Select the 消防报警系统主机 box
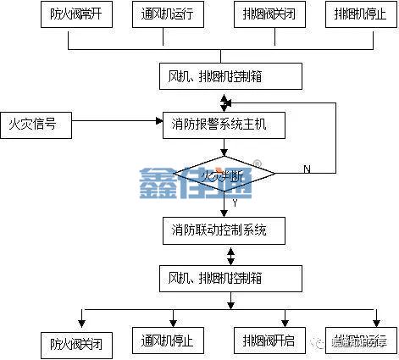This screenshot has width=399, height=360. coord(223,125)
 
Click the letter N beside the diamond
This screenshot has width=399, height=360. coord(307,169)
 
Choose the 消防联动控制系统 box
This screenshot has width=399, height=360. coord(223,230)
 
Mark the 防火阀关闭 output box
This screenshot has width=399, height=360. coord(76,343)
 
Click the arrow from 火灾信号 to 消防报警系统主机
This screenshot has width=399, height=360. coord(119,125)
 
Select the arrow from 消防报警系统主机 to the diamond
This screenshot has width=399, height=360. coord(224,147)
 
